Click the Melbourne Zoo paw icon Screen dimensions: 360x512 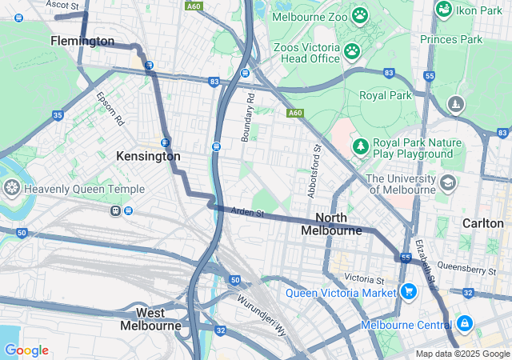[361, 14]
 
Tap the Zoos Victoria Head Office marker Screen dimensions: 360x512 [352, 51]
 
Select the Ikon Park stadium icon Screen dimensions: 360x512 [444, 8]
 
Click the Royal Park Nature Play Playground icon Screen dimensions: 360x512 [361, 147]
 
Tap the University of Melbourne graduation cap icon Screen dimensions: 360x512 [448, 184]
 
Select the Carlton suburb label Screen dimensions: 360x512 [482, 223]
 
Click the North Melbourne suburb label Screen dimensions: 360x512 [332, 224]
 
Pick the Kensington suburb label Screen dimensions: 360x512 [148, 156]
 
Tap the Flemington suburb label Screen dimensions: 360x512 [82, 41]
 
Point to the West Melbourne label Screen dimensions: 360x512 [150, 318]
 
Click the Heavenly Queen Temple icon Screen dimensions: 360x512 [12, 189]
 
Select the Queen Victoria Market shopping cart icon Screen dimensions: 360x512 [409, 292]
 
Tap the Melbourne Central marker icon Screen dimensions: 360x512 [465, 324]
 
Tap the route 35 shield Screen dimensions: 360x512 [58, 115]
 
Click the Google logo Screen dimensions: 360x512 [26, 350]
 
